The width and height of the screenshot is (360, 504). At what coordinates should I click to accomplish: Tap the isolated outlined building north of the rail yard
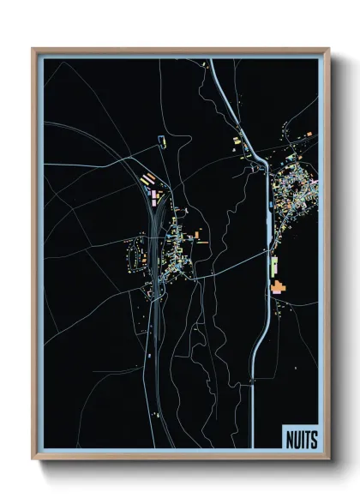point(159,139)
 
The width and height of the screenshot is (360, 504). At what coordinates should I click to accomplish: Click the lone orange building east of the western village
point(196,233)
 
